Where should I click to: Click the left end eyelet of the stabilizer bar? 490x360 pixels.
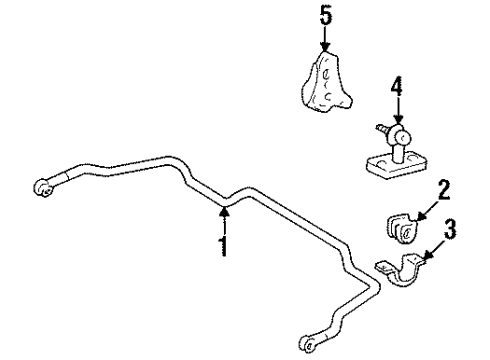click(45, 186)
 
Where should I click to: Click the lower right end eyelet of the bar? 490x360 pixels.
click(310, 338)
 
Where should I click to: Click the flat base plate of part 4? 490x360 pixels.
click(385, 165)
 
